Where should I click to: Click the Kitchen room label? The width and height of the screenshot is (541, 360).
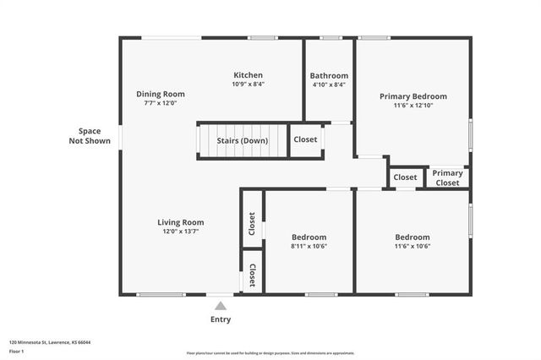248,75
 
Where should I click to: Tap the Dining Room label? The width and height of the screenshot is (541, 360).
161,94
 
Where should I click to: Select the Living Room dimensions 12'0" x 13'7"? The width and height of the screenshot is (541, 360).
180,232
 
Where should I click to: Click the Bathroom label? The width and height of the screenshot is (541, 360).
329,75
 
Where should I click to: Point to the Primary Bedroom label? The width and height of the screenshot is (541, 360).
413,96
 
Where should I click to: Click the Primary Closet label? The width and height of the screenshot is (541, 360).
447,177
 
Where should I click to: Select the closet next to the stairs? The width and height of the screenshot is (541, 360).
305,140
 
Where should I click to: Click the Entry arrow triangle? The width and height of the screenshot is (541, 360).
220,306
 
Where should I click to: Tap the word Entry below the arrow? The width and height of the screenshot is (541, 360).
220,320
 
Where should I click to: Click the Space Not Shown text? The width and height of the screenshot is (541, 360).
89,136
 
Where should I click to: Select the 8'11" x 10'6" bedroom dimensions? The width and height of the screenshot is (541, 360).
309,247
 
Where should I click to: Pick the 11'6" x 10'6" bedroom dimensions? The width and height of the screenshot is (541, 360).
413,247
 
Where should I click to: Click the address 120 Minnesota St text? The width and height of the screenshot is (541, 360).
50,342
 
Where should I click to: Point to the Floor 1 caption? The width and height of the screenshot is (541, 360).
16,351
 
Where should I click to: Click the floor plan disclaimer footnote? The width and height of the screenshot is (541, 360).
270,353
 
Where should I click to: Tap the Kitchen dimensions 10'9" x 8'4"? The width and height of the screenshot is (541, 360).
248,85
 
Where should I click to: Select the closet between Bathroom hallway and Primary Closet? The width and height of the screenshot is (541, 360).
405,177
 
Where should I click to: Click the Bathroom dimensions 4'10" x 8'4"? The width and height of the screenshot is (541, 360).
329,85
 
